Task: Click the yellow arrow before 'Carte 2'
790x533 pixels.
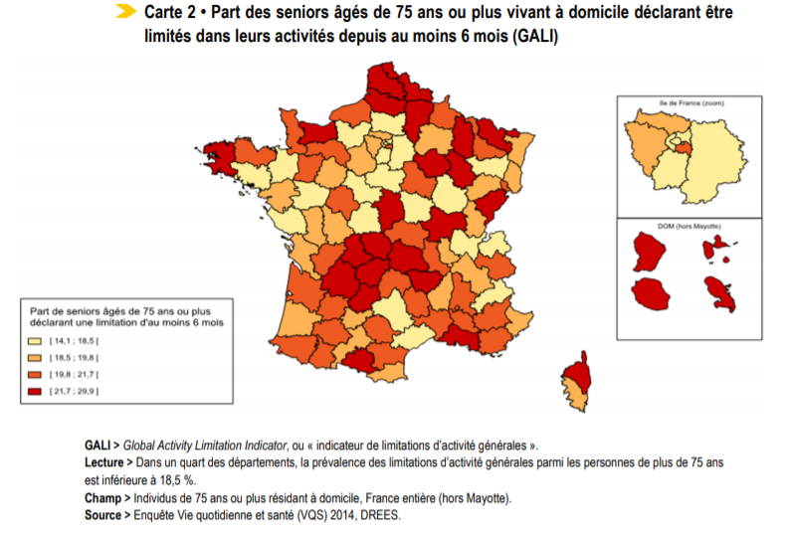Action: tap(125, 12)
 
